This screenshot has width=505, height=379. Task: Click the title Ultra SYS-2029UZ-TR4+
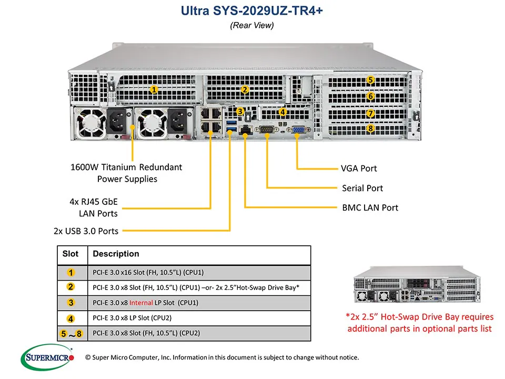point(252,11)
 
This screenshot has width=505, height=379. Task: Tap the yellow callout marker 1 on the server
point(154,89)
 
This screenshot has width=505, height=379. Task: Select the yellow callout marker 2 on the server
point(245,89)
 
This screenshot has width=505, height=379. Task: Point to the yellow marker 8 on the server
point(370,128)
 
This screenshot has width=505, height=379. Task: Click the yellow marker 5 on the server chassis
point(370,81)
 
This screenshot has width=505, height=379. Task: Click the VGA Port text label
point(359,168)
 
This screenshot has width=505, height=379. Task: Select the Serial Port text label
point(362,188)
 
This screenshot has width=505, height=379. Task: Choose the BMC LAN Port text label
point(370,207)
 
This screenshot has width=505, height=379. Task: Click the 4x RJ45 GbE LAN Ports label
point(94,207)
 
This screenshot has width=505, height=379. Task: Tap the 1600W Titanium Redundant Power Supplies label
point(126,173)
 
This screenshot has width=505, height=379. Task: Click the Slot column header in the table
point(70,254)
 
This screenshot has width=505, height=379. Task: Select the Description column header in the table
point(116,254)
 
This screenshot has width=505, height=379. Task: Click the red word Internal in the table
point(141,303)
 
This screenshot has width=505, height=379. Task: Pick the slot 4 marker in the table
point(71,318)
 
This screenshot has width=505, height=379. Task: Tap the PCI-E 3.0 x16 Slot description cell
point(148,273)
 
